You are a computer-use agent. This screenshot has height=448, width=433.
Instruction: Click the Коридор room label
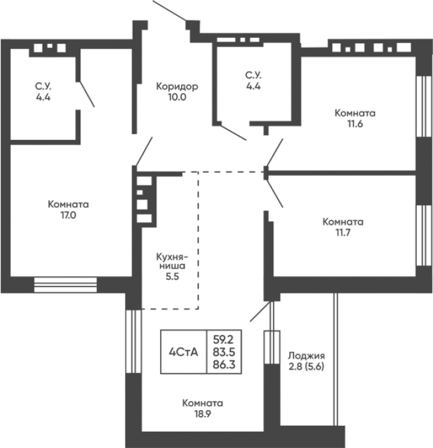click(x=177, y=86)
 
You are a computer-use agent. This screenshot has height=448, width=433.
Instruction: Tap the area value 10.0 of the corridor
click(x=177, y=97)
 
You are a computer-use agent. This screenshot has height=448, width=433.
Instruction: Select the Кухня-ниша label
click(x=172, y=261)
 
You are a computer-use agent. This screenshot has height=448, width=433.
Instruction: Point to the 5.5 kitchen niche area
click(x=172, y=277)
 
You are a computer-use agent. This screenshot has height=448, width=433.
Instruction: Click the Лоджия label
click(x=306, y=356)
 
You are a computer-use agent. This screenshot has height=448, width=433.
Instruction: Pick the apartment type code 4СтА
click(x=184, y=352)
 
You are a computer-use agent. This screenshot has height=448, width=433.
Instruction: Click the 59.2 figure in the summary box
click(x=224, y=339)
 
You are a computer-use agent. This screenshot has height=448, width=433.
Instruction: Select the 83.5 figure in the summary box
click(x=224, y=352)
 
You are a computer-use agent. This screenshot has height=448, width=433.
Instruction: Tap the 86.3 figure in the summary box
click(x=224, y=364)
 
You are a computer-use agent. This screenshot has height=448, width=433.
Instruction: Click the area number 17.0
click(x=68, y=215)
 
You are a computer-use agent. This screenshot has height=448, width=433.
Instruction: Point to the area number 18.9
click(x=203, y=414)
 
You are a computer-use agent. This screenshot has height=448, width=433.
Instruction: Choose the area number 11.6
click(x=355, y=124)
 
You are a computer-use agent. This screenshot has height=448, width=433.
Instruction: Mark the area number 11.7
click(x=343, y=233)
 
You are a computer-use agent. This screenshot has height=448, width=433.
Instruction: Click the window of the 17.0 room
click(x=65, y=285)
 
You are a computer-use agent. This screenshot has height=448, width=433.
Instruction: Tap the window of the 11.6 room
click(x=424, y=107)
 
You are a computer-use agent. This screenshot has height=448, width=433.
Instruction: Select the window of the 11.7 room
click(x=424, y=235)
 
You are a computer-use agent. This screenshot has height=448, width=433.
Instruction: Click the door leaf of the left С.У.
click(x=87, y=94)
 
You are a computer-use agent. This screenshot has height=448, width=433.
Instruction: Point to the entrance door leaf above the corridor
click(x=170, y=10)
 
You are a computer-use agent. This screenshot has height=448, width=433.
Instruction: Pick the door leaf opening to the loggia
click(x=260, y=311)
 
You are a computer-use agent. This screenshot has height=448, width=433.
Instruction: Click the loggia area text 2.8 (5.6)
click(x=306, y=366)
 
